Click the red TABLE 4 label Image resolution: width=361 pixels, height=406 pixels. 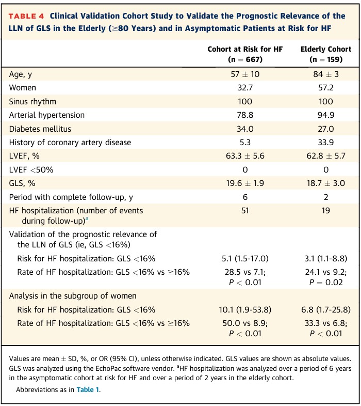pos(26,16)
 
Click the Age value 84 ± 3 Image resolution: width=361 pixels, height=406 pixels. pos(326,74)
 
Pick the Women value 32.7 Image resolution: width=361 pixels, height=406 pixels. pos(245,88)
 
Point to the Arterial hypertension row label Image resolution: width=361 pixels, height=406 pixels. pos(47,115)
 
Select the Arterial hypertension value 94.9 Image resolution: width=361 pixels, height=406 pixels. pos(326,115)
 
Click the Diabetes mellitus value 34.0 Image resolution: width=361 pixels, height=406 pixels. pos(245,129)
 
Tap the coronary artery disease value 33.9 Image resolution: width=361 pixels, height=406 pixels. pos(326,143)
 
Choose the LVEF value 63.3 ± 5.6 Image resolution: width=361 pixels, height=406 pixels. pos(245,156)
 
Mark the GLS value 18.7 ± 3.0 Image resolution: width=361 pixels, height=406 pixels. pos(326,183)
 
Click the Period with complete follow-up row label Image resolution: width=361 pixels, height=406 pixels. pos(71,197)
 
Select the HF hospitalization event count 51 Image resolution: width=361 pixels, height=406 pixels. pos(245,211)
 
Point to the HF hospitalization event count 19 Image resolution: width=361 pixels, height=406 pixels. pos(326,211)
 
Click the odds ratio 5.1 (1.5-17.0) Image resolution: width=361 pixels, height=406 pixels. pos(245,258)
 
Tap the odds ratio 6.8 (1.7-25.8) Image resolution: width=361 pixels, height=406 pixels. pos(326,310)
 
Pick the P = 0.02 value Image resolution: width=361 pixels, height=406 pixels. pos(326,282)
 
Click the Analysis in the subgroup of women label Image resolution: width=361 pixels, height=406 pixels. pos(73,296)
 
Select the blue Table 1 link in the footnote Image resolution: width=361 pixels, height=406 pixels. pos(88,389)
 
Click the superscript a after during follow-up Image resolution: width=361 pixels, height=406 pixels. pos(87,219)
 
